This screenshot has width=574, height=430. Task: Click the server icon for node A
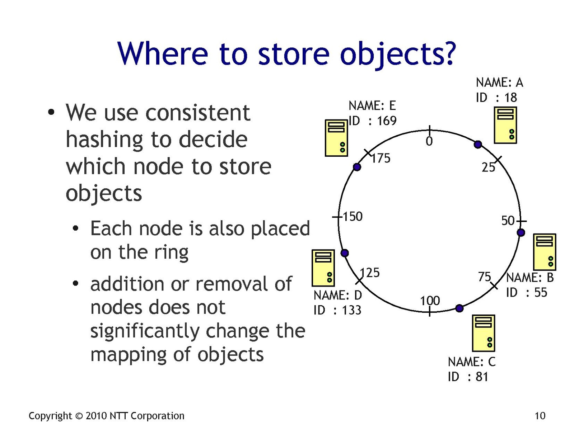click(505, 125)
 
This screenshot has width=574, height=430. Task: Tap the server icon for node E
click(336, 138)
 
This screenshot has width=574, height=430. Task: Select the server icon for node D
click(323, 268)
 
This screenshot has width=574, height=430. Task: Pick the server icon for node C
click(484, 333)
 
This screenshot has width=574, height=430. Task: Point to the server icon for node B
click(545, 252)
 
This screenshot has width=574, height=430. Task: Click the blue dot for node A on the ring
click(478, 145)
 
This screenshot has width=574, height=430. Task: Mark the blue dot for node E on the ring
click(357, 167)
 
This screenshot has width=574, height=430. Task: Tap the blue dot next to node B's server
click(521, 232)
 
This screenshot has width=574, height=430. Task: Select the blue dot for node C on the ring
click(459, 308)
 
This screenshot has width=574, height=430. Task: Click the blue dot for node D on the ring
click(345, 253)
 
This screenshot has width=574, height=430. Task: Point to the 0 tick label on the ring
click(429, 141)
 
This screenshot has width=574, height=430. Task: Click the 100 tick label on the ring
click(430, 301)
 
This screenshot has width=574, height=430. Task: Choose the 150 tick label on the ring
click(353, 217)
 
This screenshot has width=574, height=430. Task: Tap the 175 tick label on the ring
click(381, 158)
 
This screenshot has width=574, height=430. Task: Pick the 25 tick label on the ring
click(488, 167)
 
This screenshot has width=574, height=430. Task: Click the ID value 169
click(387, 121)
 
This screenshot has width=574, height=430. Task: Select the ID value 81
click(482, 377)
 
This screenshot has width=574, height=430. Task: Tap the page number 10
click(540, 416)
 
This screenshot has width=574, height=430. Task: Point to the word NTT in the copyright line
click(118, 416)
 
